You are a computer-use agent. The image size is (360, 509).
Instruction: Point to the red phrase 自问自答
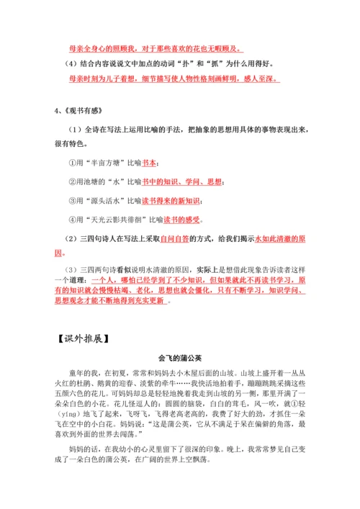click(175, 238)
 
